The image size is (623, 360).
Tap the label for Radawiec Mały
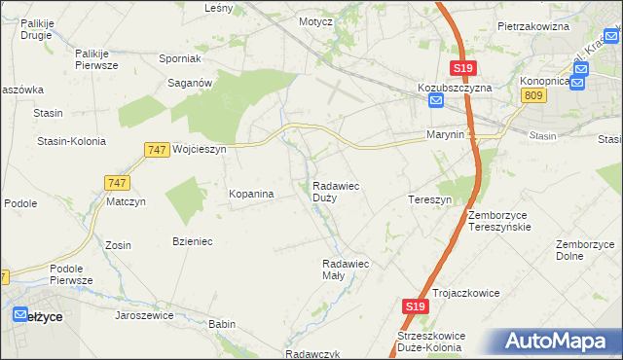(x=347, y=270)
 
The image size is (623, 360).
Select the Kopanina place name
(x=251, y=194)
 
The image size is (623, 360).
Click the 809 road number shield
(x=532, y=94)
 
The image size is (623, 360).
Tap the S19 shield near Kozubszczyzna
(x=462, y=67)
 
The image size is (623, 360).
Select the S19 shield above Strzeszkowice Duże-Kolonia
(x=415, y=306)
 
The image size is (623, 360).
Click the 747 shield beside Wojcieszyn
(x=156, y=150)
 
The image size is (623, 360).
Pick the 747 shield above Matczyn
(x=117, y=182)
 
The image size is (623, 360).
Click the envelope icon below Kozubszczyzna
(x=436, y=101)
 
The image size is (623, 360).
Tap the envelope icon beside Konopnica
(x=578, y=82)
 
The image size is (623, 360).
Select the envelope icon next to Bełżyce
(x=20, y=314)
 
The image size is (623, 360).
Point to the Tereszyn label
(x=429, y=199)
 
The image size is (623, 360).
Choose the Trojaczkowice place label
(x=465, y=292)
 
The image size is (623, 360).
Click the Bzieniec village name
(x=193, y=240)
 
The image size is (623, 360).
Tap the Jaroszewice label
(x=144, y=315)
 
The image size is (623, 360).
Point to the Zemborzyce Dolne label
(x=583, y=250)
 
